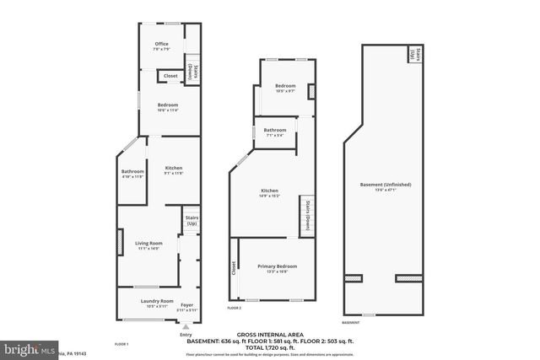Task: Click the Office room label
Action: click(161, 44)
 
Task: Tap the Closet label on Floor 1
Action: click(170, 76)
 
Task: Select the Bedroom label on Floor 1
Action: click(167, 105)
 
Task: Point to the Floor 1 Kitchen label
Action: click(174, 168)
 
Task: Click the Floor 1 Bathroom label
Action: click(133, 172)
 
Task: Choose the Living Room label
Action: click(148, 244)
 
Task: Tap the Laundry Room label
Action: click(157, 301)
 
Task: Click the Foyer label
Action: click(187, 304)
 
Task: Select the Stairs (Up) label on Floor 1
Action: click(192, 221)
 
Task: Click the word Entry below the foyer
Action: click(186, 336)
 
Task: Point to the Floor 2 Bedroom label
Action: click(284, 86)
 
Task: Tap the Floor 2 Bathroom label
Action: click(276, 130)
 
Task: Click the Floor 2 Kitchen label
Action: click(269, 191)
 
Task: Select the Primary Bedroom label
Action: click(277, 267)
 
